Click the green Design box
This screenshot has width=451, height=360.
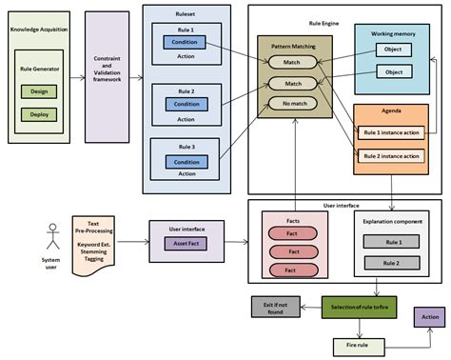[x=38, y=91]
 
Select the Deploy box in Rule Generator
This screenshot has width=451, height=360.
[x=38, y=114]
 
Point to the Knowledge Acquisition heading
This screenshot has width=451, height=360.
[x=38, y=30]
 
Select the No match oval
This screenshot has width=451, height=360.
[x=293, y=103]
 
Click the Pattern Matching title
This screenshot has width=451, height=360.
[x=294, y=45]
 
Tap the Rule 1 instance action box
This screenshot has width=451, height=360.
[x=390, y=133]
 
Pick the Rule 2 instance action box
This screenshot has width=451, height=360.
[x=390, y=155]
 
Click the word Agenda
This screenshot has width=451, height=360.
[x=390, y=111]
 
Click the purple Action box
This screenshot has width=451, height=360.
[x=428, y=316]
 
